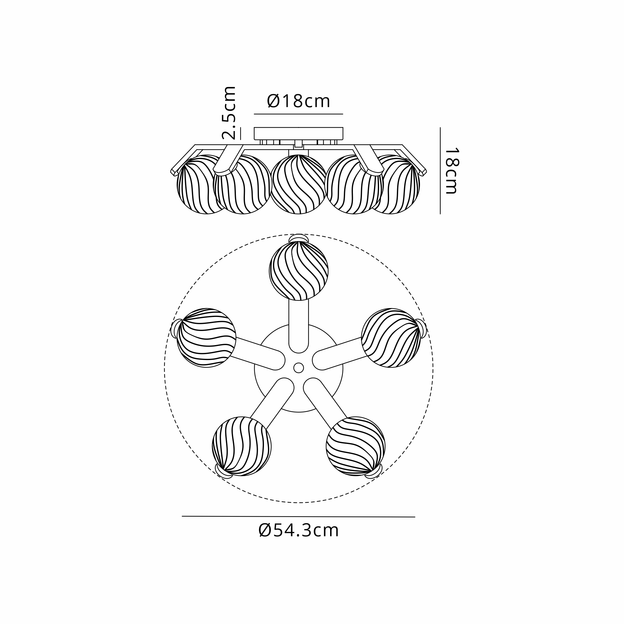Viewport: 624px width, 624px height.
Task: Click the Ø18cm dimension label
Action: pos(299,101)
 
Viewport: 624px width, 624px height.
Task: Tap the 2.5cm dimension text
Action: pos(229,113)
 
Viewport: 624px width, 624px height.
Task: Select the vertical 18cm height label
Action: pos(451,171)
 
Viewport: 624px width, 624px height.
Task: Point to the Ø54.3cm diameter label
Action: pos(299,530)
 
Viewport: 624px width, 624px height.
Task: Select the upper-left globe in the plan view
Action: pos(206,338)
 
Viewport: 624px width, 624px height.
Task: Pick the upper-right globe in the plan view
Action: pos(391,338)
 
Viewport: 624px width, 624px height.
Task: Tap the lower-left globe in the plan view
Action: pos(241,446)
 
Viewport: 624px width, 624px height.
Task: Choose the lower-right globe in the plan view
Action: pos(356,446)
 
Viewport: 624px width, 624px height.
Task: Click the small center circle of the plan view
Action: pos(299,368)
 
